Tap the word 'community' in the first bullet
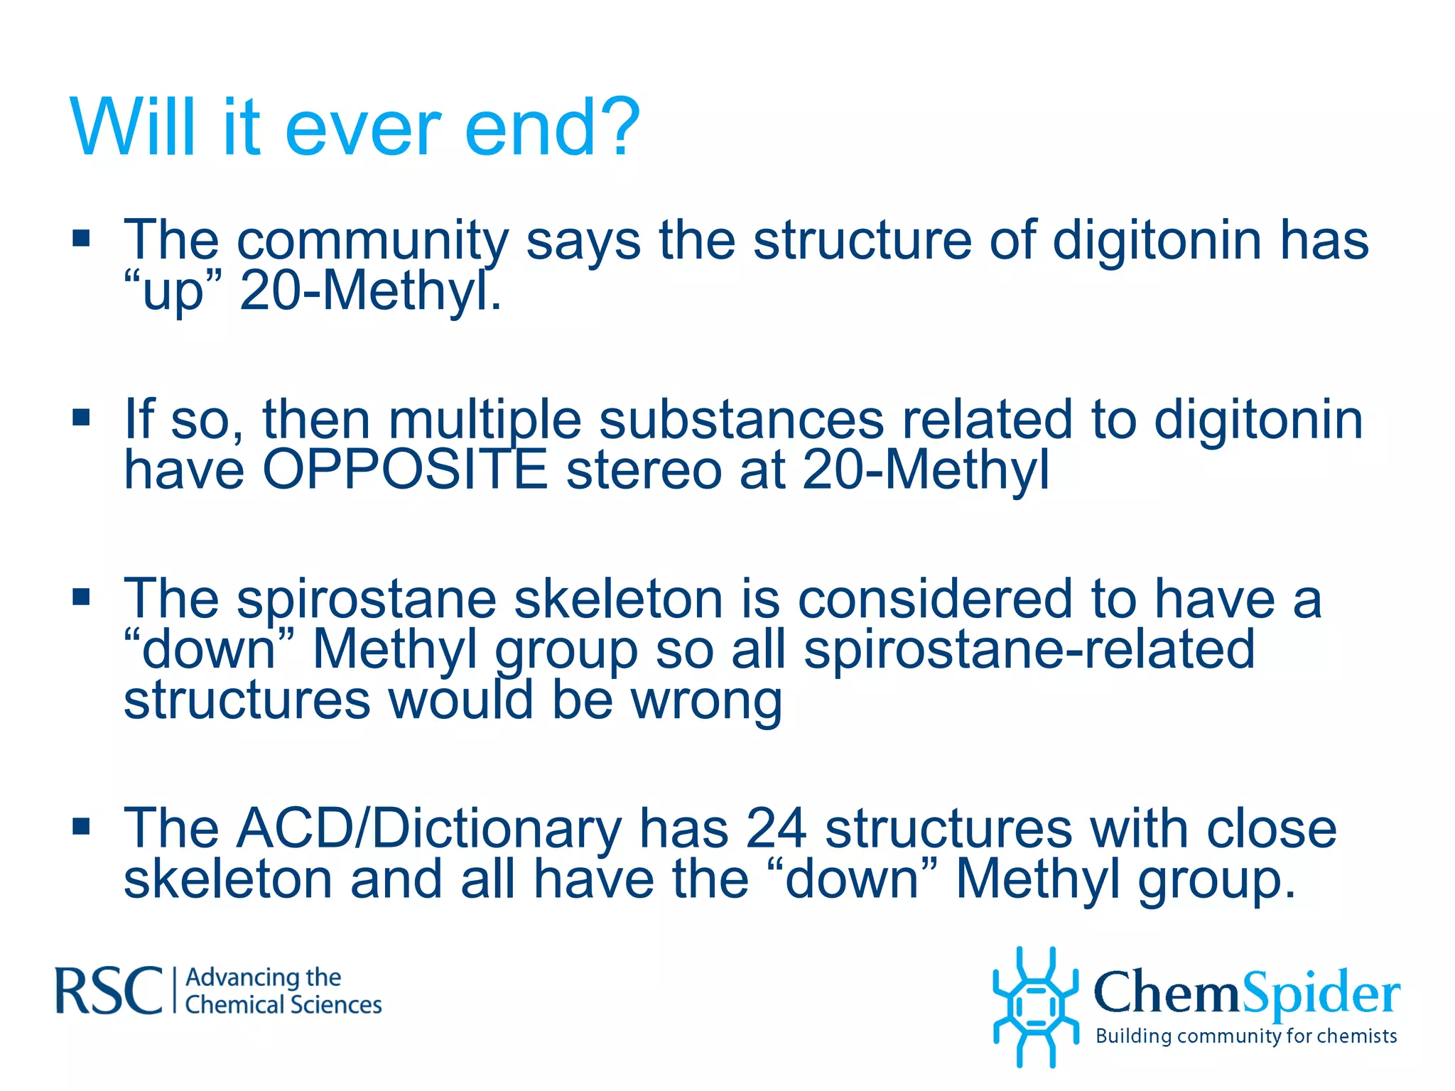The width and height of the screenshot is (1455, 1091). [372, 241]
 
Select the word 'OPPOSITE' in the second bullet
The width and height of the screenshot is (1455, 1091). [405, 470]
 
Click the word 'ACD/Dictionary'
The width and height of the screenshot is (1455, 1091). [429, 829]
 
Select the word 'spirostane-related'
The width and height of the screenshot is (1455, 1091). [1029, 649]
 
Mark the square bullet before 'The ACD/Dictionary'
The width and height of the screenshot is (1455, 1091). [82, 826]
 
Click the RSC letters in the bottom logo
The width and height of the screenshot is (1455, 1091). [109, 990]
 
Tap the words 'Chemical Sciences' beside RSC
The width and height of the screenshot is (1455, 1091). [283, 1005]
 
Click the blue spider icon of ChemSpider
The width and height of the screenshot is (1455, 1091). [1035, 1006]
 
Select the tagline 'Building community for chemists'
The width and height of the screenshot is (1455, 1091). [1246, 1036]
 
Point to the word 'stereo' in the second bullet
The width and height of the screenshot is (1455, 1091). [644, 470]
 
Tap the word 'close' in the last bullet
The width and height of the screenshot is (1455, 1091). [1271, 829]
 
